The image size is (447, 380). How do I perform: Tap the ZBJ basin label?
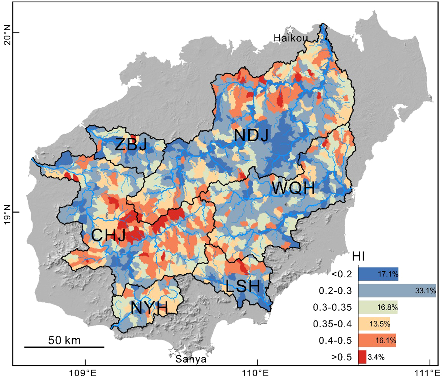point(131,144)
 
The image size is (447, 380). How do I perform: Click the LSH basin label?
point(243,286)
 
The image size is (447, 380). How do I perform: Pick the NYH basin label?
point(149,308)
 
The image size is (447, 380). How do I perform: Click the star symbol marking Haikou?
point(290,30)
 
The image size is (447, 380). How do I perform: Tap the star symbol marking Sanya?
point(173,351)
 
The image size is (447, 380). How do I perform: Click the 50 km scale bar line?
point(64,347)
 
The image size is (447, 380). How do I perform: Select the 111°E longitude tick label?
point(430,373)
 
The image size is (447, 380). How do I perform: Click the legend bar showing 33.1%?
point(397,291)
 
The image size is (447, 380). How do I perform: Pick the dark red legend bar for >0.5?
point(362,357)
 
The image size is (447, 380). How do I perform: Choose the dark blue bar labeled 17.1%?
point(378,274)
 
